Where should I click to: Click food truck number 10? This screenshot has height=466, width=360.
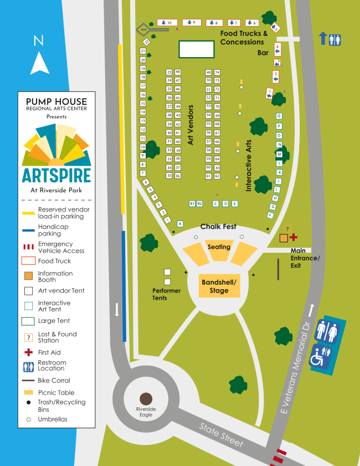click(167, 22)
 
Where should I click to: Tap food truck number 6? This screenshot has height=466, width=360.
click(252, 23)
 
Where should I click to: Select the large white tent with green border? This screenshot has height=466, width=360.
click(196, 49)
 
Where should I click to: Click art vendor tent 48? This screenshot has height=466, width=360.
click(178, 72)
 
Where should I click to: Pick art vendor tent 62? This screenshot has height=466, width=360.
click(218, 176)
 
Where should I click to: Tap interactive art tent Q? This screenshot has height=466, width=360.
click(279, 116)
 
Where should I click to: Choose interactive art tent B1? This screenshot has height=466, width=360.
click(192, 203)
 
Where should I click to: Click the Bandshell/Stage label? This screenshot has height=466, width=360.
click(219, 286)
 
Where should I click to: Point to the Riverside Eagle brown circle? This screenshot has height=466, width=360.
click(146, 398)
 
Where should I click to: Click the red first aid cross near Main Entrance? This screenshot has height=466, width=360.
click(294, 237)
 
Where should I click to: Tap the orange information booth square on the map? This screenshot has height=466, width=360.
click(284, 238)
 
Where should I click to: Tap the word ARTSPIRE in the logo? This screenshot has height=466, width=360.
click(56, 175)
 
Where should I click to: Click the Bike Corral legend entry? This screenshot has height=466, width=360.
click(54, 381)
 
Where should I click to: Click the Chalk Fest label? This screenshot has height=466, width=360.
click(218, 227)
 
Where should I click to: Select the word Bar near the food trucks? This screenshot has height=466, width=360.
click(263, 53)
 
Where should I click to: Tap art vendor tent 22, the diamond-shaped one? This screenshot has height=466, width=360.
click(147, 42)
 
